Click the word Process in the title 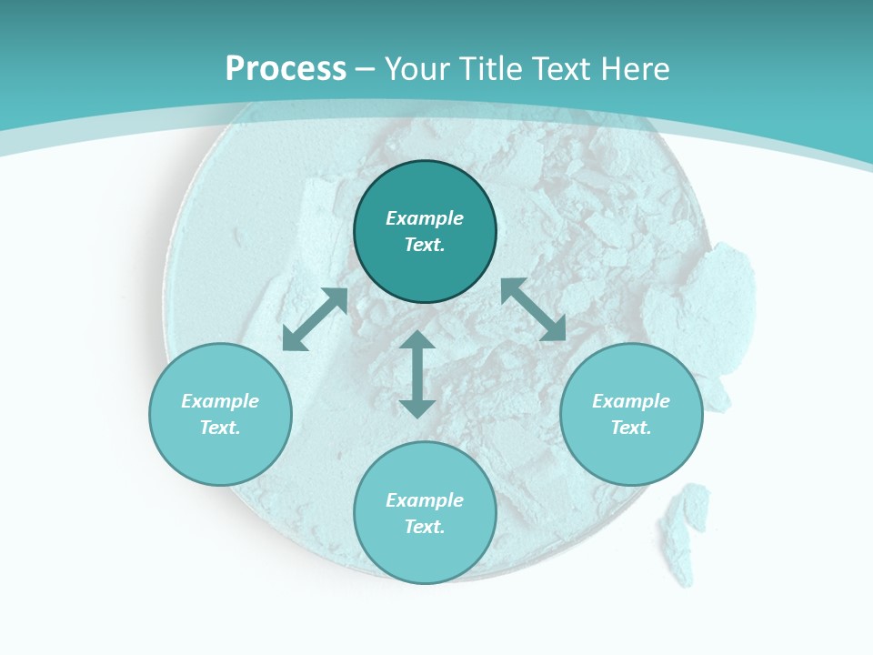tap(286, 69)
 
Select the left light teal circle tap(220, 455)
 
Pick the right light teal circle tap(631, 455)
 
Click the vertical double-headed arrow tap(417, 374)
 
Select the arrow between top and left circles tap(315, 319)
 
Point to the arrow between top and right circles tap(533, 309)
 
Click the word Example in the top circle tap(425, 218)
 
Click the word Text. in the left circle tap(220, 428)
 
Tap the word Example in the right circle tap(631, 401)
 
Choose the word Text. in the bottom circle tap(425, 527)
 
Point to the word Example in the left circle tap(220, 401)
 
